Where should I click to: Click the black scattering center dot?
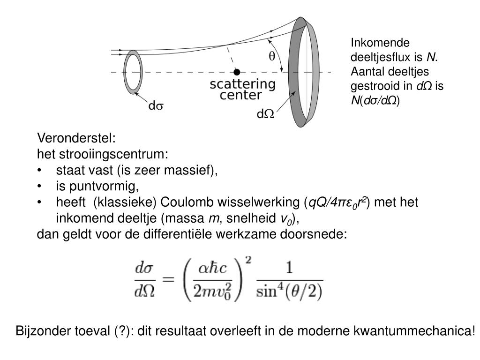click(x=237, y=72)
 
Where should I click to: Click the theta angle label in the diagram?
click(x=271, y=56)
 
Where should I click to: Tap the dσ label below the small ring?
click(x=156, y=106)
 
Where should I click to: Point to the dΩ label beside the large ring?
click(x=265, y=114)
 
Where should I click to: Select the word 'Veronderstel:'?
click(x=76, y=139)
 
